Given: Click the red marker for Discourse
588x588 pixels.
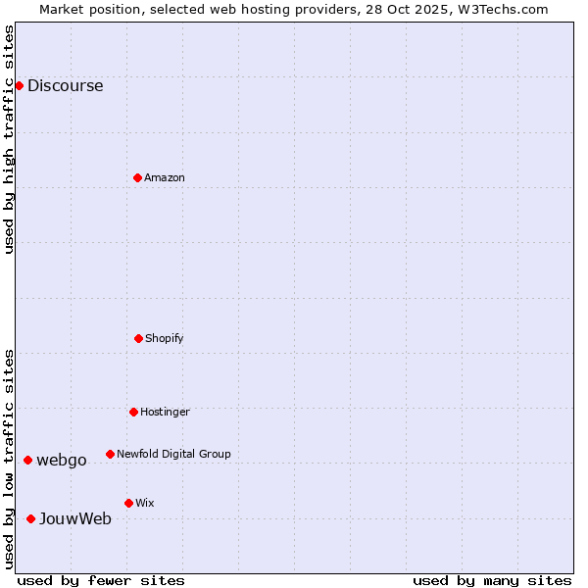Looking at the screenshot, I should [19, 85].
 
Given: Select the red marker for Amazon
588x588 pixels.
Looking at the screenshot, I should [137, 177].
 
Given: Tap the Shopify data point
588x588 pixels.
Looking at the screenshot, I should [138, 338].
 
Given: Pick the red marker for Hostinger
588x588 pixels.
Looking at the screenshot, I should [133, 412].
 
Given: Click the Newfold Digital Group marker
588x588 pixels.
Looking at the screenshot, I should [110, 454].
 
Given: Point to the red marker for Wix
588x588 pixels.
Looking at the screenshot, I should [128, 503].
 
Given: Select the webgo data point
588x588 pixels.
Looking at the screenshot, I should [27, 460].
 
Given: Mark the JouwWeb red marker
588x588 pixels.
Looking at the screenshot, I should [30, 518].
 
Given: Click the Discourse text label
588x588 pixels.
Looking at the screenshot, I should [65, 85].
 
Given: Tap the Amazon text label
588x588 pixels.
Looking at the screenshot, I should [165, 177].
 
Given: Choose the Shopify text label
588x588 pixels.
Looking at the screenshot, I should [165, 338].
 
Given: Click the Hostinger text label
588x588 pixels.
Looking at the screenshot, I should [165, 412].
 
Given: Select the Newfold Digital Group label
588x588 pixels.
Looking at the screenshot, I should [173, 454].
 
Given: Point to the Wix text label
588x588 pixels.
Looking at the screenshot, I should [145, 503].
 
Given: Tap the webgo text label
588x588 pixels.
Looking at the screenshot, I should [62, 460].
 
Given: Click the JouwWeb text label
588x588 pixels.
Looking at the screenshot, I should [75, 518].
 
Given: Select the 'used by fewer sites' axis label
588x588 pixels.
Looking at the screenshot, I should [101, 580].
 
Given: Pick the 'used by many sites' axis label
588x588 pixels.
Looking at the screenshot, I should [492, 580].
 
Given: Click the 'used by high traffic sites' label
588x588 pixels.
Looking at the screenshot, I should [9, 139].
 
